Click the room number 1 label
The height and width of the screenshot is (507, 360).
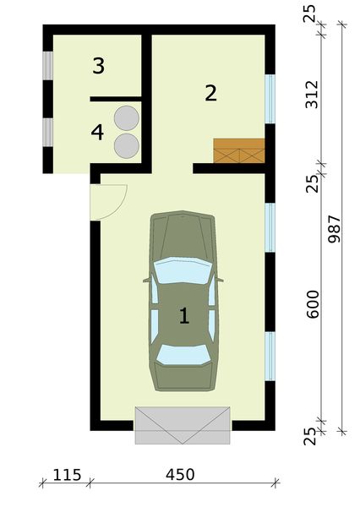coord(183,316)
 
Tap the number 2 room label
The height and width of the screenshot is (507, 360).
coord(210,93)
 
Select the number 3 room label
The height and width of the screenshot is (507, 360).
coord(98,66)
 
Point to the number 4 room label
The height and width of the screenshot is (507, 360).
coord(98,133)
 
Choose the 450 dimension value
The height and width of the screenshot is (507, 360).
coord(179,474)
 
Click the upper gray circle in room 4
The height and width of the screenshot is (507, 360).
coord(127,117)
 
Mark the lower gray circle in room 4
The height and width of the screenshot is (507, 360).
coord(127,144)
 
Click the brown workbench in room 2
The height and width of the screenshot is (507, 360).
coord(239,150)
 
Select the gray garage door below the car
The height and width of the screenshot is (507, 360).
coord(183,425)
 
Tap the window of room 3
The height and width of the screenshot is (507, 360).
coord(48,65)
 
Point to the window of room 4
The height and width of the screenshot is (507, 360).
coord(48,133)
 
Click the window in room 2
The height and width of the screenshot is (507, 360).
coord(270,97)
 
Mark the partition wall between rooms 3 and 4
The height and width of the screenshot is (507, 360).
coord(115,99)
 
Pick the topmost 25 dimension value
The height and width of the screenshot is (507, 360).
coord(310,14)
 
